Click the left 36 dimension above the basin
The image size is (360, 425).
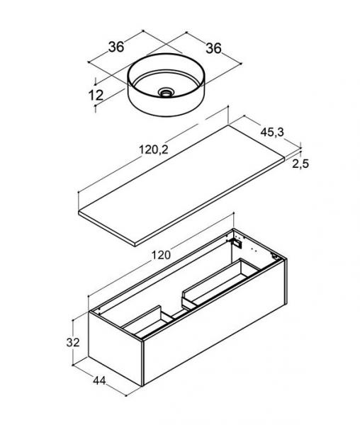tap(116, 47)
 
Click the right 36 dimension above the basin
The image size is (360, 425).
tap(213, 48)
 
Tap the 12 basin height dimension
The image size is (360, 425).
tap(96, 95)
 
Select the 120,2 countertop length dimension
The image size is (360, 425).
tap(154, 149)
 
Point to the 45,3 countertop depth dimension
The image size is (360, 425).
tap(272, 132)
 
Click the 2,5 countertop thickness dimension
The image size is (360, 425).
tap(300, 164)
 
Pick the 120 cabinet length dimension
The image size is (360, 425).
tap(161, 255)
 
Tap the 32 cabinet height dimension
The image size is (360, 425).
tap(73, 343)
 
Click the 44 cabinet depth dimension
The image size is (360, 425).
tap(99, 381)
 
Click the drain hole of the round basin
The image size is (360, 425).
tap(166, 93)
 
